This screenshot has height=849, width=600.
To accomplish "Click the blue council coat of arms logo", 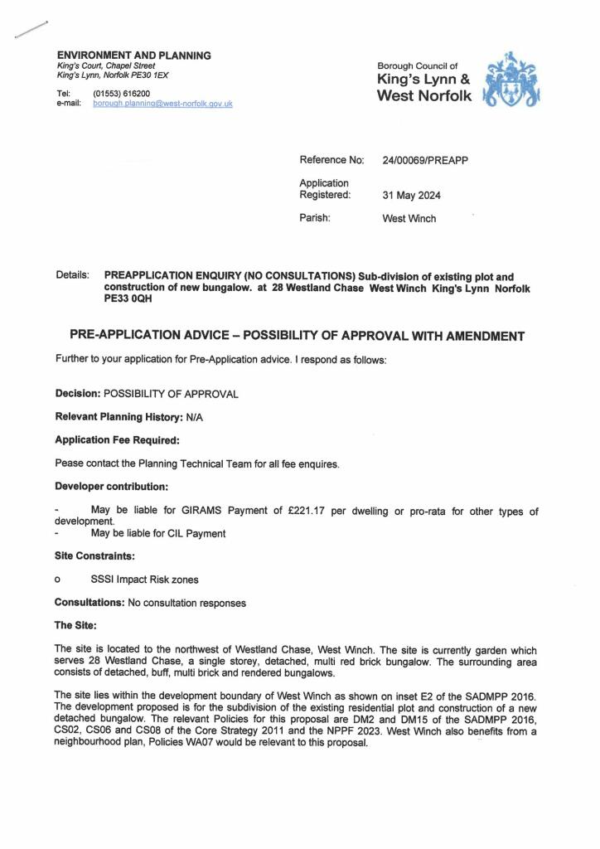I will coord(513,80).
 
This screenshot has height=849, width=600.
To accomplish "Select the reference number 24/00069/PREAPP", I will coord(425,160).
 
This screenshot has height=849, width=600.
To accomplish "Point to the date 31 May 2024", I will coord(411,196).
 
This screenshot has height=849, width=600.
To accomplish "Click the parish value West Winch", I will coord(409,219).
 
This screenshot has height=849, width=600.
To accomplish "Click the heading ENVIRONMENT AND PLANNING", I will coord(133,56).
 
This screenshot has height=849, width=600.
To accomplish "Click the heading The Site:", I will coord(76,625).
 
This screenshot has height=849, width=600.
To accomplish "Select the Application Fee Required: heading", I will coord(117,440).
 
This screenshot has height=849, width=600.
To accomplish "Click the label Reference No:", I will coord(331,160).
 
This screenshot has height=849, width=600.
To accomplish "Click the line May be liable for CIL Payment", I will coord(157,533).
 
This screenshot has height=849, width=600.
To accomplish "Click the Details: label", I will coord(73,275).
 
